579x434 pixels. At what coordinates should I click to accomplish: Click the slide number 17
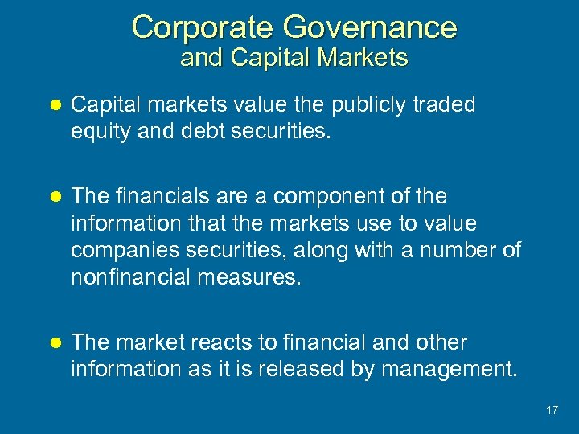552,410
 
